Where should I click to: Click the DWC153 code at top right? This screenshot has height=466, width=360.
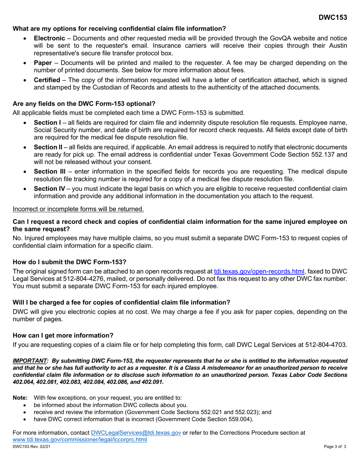coord(332,18)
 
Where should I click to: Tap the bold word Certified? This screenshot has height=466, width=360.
coord(47,80)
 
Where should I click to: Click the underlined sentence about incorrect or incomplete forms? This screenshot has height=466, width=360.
coord(78,209)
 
